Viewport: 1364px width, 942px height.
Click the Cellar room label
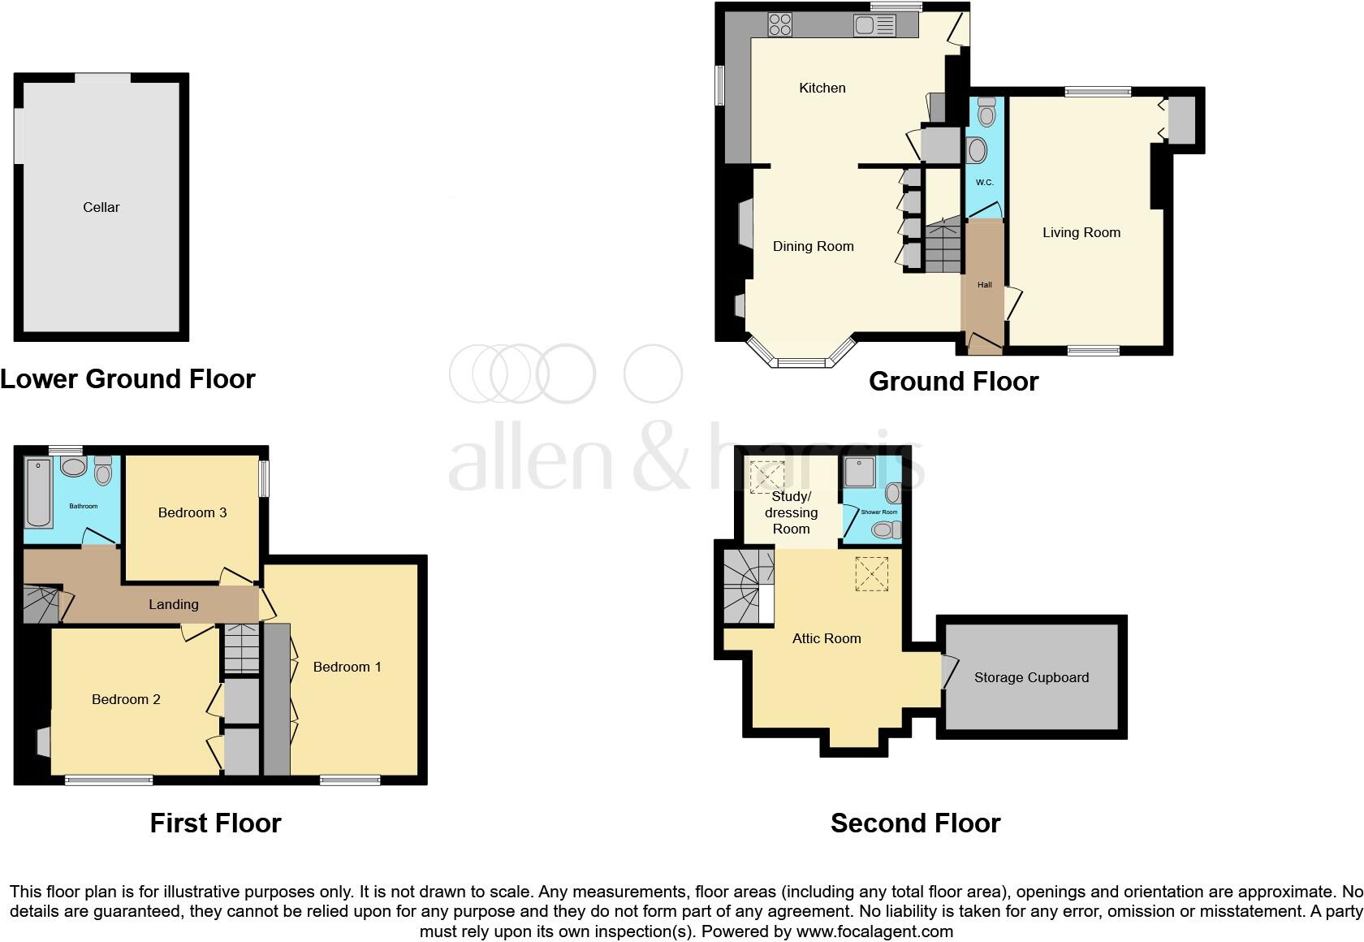tap(101, 207)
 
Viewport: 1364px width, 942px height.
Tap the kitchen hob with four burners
tap(780, 25)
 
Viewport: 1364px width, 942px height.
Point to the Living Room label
tap(1081, 232)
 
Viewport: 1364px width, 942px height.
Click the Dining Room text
tap(813, 246)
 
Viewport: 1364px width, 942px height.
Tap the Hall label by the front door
tap(984, 285)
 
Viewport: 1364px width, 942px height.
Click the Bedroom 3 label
tap(192, 512)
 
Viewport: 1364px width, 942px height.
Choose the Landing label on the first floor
tap(174, 604)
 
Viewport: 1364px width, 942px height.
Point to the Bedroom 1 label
tap(347, 667)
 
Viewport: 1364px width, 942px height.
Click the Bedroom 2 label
tap(126, 699)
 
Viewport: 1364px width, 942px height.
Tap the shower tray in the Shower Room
tap(858, 472)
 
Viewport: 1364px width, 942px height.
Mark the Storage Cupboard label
tap(1031, 677)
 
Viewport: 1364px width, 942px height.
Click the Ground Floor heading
tap(953, 381)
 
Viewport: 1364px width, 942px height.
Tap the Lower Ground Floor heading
tap(127, 378)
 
